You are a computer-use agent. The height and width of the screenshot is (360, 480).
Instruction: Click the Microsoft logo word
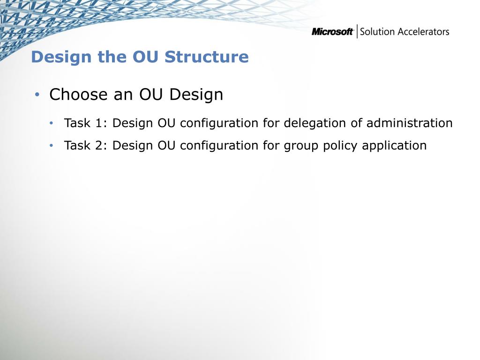[332, 31]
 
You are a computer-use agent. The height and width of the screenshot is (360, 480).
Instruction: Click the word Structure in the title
[207, 57]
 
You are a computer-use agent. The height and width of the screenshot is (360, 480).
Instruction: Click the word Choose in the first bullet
[78, 94]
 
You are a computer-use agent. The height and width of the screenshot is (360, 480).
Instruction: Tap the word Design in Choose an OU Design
[196, 95]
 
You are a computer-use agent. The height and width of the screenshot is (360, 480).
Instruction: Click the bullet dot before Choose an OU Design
[37, 94]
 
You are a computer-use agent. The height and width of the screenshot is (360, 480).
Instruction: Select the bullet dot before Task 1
[52, 123]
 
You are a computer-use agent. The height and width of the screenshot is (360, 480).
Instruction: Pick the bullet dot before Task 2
[52, 145]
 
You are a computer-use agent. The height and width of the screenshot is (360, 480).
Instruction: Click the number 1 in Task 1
[99, 123]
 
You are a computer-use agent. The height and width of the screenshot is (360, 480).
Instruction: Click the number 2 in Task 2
[99, 145]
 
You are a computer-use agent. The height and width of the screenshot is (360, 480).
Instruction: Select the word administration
[410, 123]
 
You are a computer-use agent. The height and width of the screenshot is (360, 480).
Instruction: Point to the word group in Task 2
[301, 146]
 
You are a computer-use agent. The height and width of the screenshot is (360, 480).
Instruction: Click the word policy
[340, 146]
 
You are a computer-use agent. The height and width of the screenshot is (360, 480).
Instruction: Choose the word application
[394, 146]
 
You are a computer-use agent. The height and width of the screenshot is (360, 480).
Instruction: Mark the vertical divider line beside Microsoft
[357, 31]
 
